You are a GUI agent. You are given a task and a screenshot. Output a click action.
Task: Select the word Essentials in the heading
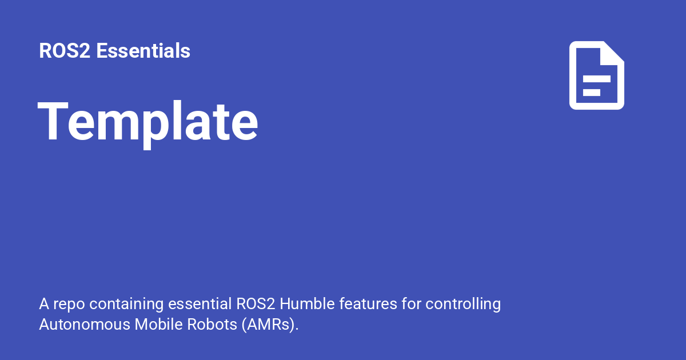(143, 51)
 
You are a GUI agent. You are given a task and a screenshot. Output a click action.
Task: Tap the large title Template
(147, 121)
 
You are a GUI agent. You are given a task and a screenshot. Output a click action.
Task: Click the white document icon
(596, 75)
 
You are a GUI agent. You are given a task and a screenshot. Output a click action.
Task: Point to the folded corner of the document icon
(613, 53)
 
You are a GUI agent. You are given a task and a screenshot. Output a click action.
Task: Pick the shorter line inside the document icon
(591, 92)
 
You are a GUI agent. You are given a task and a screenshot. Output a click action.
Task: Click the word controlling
(463, 304)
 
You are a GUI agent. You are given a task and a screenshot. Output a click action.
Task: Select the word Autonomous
(85, 325)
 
